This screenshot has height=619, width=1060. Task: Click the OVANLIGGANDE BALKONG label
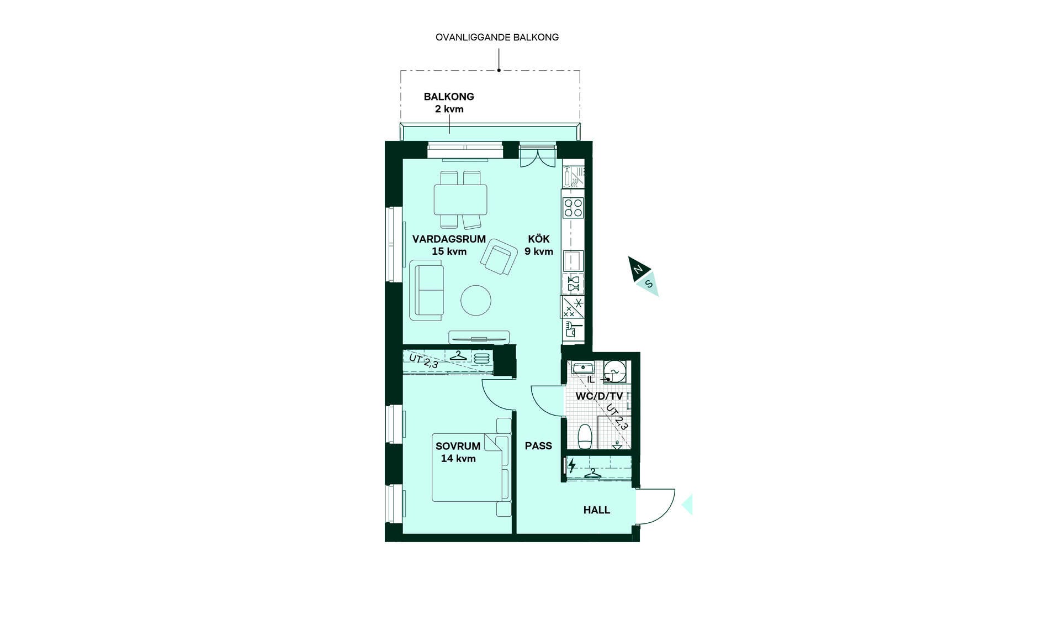497,38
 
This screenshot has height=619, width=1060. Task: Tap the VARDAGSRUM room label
449,239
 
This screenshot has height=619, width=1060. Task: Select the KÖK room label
539,239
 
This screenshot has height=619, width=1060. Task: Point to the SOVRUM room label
458,446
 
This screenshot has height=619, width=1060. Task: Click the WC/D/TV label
599,396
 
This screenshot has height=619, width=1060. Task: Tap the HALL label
597,510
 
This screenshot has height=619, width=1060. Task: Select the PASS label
538,446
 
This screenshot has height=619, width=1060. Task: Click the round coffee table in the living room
476,300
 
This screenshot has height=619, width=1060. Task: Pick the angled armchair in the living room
499,257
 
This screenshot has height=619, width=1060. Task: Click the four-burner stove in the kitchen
573,208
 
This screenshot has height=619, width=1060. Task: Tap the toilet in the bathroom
585,437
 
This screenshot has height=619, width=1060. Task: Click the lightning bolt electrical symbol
572,465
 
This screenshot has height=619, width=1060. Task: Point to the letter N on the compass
638,270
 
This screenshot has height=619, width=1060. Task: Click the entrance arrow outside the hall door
687,505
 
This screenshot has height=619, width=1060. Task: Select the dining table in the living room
460,200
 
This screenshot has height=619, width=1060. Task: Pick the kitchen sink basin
573,261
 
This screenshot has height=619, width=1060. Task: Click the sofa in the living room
426,290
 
